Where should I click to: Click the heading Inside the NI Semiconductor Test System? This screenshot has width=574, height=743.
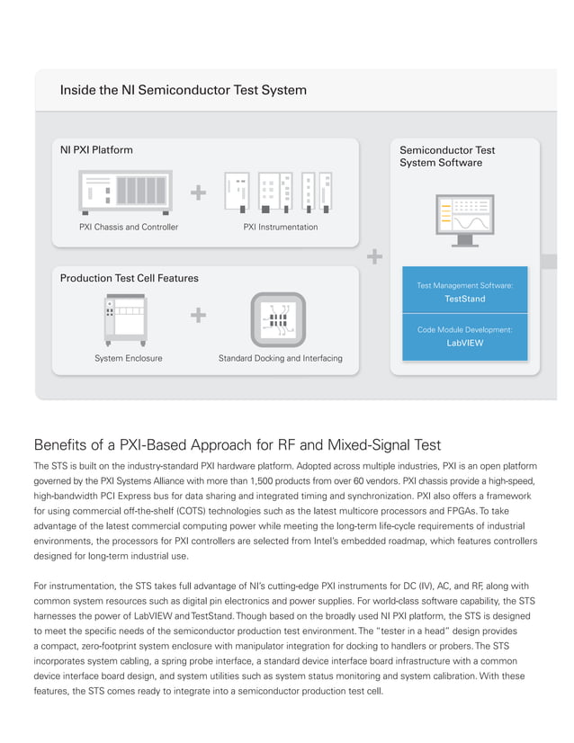pos(183,90)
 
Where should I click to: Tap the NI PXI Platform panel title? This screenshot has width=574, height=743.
pos(96,150)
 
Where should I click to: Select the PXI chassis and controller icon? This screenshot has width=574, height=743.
pos(125,192)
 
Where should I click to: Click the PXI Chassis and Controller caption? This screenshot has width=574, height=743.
pos(129,227)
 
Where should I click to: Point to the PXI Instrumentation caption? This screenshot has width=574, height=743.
pos(281,227)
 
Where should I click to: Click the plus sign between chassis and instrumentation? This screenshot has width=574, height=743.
pos(198,192)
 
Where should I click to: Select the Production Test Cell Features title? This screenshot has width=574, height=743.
pos(129,278)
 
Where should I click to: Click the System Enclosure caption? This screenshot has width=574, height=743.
pos(129,358)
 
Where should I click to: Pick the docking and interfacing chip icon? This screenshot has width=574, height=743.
pos(279,319)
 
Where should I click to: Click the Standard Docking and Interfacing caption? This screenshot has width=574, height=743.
pos(280,358)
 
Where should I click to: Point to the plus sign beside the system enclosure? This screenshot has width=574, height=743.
pos(198,316)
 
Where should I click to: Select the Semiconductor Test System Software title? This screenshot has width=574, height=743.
pos(447,157)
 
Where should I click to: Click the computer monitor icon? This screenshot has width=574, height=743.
pos(465,219)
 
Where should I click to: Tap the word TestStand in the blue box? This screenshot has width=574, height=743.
pos(465,299)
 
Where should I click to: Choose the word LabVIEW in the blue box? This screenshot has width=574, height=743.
pos(465,343)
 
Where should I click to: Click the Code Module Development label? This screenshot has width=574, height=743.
pos(465,330)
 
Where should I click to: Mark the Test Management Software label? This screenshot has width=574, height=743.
pos(465,285)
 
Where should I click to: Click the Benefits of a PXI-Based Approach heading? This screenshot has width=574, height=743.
pos(237,444)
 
